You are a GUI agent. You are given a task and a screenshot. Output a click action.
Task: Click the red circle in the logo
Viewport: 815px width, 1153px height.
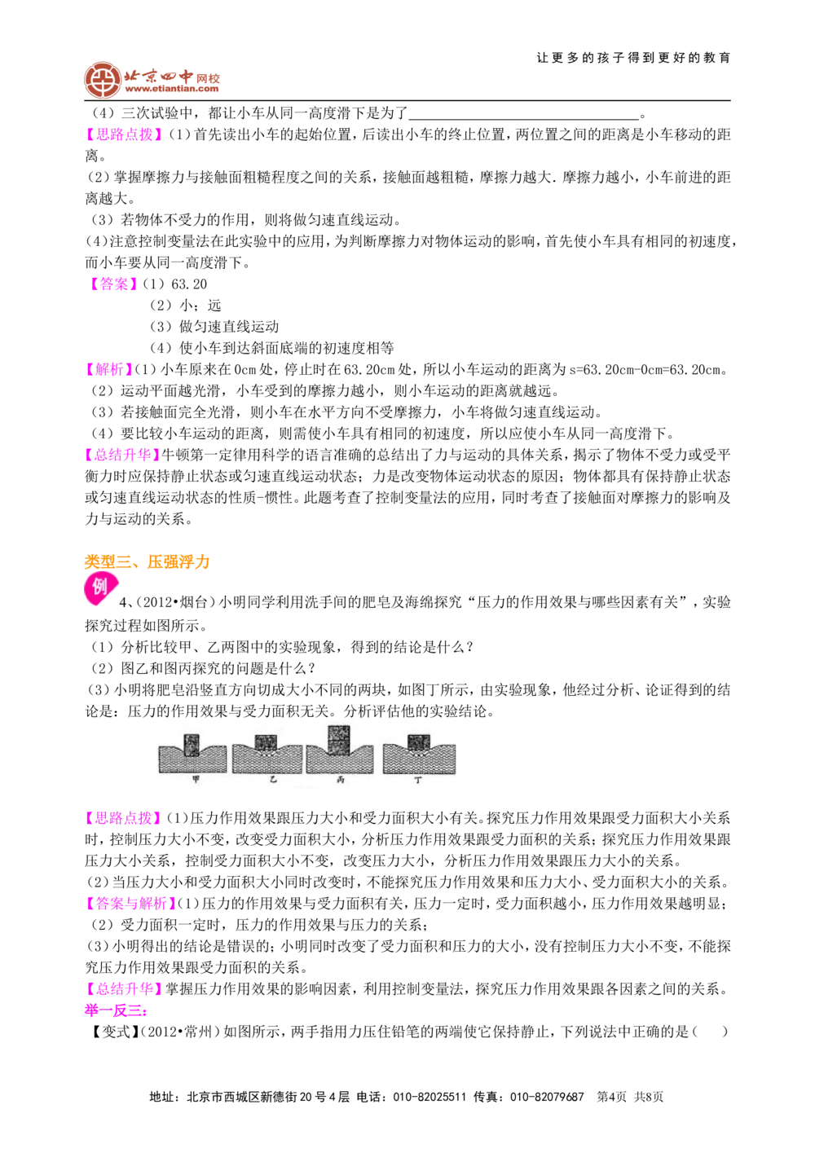[x=103, y=80]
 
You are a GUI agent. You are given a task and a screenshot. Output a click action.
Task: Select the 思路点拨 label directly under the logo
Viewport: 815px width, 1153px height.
[x=124, y=134]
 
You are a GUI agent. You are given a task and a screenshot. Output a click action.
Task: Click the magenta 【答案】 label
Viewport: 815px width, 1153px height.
[x=114, y=284]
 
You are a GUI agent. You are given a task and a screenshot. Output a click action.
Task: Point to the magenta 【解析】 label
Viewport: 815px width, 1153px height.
[x=110, y=369]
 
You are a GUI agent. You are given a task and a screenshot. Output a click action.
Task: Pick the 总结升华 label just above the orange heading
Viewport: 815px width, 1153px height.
[x=124, y=455]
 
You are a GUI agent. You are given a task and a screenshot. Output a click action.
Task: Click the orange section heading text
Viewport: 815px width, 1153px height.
[x=148, y=561]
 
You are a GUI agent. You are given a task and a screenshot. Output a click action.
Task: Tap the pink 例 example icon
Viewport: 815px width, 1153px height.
[x=100, y=590]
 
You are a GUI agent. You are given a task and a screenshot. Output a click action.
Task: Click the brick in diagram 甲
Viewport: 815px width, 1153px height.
[x=192, y=745]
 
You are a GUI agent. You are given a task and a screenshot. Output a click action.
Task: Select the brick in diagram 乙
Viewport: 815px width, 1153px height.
[x=266, y=742]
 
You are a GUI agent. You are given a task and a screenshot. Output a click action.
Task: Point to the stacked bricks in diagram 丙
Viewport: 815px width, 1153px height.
[x=338, y=740]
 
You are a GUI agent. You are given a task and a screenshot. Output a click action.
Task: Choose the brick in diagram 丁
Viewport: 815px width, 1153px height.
[x=418, y=742]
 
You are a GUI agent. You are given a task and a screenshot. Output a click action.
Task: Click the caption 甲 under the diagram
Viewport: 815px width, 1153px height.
[x=194, y=780]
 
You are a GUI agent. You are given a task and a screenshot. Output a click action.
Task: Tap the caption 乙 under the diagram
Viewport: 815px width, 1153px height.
[x=273, y=780]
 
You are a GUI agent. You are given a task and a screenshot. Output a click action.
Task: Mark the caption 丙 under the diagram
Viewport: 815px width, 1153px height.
[x=341, y=780]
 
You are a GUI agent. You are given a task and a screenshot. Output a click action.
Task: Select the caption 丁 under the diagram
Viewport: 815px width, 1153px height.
[x=418, y=780]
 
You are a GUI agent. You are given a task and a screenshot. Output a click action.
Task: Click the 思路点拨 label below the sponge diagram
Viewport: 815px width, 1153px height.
[x=124, y=818]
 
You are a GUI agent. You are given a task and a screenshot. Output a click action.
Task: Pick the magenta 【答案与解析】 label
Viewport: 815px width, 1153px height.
[x=130, y=903]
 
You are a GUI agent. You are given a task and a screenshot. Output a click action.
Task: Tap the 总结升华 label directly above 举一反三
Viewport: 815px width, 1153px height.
[x=124, y=988]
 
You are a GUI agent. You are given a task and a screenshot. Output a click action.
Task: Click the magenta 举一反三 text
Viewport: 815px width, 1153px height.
[x=116, y=1011]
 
